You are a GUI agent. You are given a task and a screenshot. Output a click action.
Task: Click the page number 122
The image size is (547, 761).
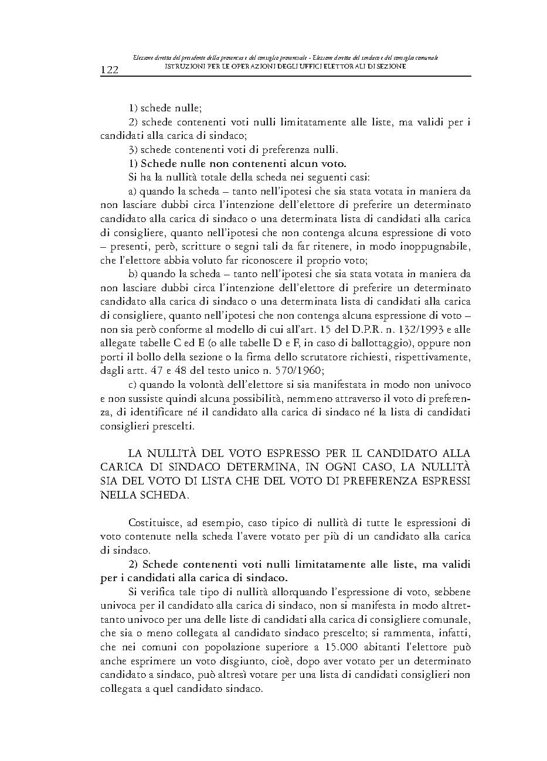click(x=110, y=70)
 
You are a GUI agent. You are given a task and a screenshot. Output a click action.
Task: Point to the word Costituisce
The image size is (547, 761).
click(x=154, y=522)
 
